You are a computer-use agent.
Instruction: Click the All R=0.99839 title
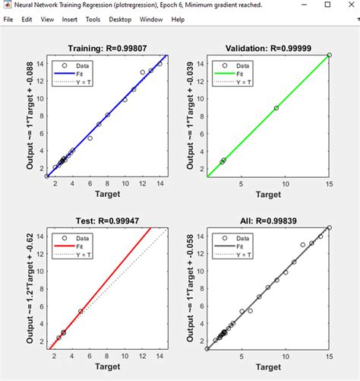pyautogui.click(x=267, y=221)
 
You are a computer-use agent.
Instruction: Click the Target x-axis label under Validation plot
pyautogui.click(x=267, y=195)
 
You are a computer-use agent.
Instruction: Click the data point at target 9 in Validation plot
pyautogui.click(x=276, y=108)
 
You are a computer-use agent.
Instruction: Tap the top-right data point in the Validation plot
pyautogui.click(x=329, y=55)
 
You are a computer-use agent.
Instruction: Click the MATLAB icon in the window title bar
pyautogui.click(x=6, y=5)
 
